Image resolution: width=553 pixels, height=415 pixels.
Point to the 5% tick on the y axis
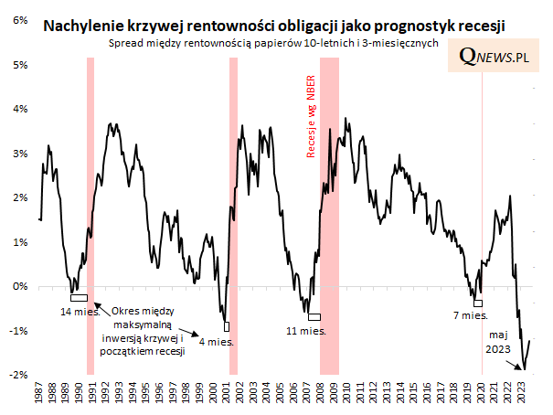[19, 65]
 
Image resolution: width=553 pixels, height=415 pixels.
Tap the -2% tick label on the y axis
[17, 375]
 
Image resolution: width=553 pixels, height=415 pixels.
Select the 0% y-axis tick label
[19, 286]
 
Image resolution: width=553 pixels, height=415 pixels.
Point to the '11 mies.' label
[306, 330]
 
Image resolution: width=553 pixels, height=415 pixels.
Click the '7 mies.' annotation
[472, 315]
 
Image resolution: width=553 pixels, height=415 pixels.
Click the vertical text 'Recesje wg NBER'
[311, 118]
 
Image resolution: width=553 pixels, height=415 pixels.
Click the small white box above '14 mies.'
[79, 297]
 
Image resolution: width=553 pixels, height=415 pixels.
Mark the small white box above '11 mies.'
[314, 316]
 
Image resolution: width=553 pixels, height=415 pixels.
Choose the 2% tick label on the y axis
[19, 197]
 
